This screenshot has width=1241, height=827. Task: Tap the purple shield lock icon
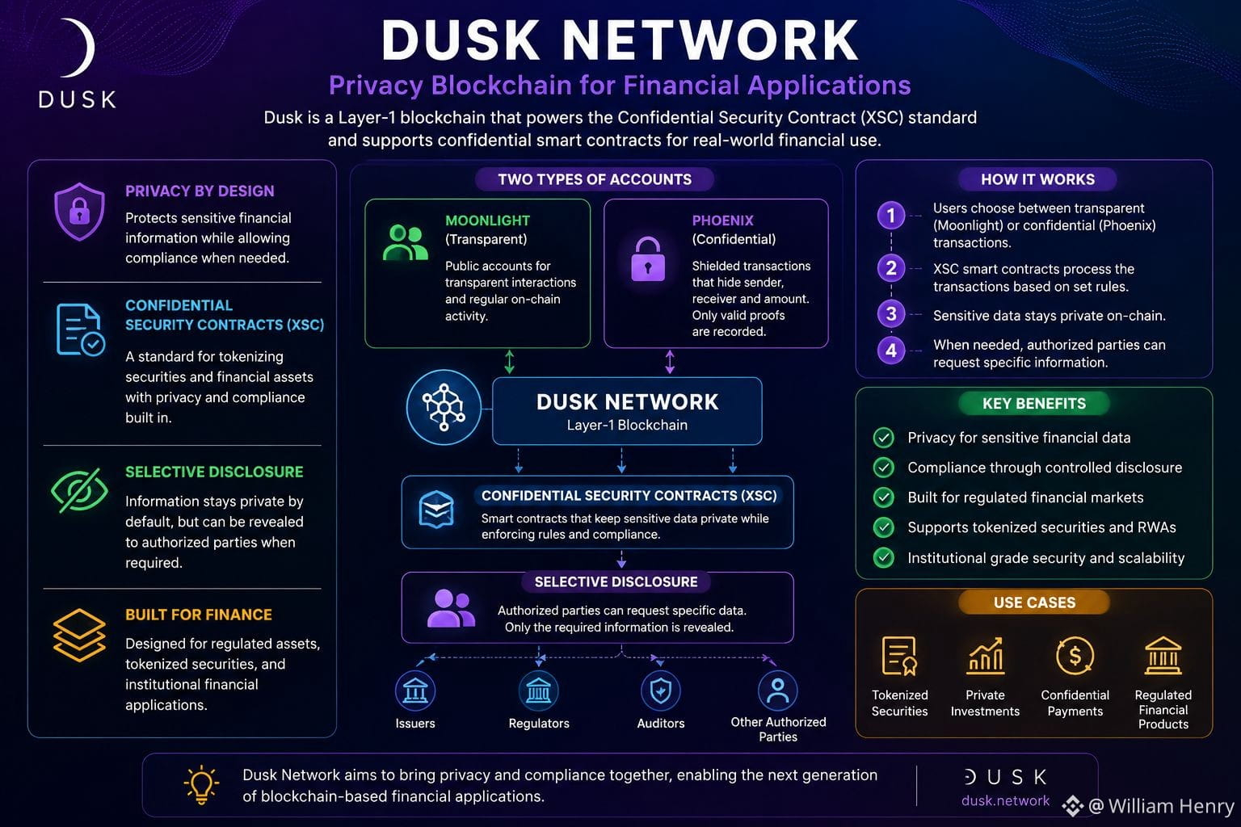coord(79,212)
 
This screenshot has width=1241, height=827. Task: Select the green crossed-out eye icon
coord(80,490)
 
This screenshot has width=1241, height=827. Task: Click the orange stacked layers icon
coord(79,636)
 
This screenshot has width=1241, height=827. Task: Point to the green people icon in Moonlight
coord(406,242)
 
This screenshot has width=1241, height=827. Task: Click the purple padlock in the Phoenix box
coord(648,259)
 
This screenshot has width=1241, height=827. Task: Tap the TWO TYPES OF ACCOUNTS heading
coord(595,179)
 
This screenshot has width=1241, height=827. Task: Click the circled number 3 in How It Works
coord(891,314)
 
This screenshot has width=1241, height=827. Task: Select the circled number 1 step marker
coord(891,215)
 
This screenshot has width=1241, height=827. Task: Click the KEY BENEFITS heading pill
coord(1034,403)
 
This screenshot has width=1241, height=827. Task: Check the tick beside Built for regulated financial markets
coord(884,497)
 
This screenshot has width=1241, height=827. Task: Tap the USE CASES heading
coord(1034,602)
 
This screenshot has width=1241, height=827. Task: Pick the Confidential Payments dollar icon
coord(1075,656)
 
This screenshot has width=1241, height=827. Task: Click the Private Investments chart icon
coord(985,656)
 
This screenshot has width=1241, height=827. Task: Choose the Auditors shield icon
coord(661,691)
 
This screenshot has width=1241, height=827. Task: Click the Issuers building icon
coord(415,691)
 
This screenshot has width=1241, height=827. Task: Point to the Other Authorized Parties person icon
coord(778,691)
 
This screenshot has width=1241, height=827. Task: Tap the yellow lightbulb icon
coord(201,785)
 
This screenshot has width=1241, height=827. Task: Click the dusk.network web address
coord(1005,800)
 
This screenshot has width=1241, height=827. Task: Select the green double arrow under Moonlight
coord(509,362)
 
